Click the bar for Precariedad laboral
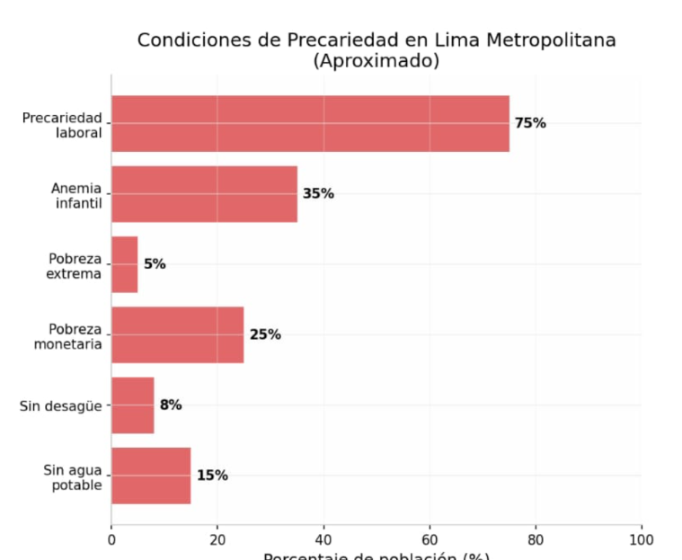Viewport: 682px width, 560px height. pyautogui.click(x=310, y=123)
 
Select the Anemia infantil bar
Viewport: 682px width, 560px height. pyautogui.click(x=204, y=193)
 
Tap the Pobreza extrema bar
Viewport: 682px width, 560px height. pyautogui.click(x=125, y=264)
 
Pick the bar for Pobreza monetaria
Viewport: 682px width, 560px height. pyautogui.click(x=177, y=334)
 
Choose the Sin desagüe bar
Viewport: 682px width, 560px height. pyautogui.click(x=133, y=405)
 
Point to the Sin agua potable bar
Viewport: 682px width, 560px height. pyautogui.click(x=151, y=476)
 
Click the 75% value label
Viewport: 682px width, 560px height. pyautogui.click(x=530, y=123)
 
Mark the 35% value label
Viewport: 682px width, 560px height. pyautogui.click(x=318, y=193)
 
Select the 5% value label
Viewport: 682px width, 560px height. pyautogui.click(x=155, y=264)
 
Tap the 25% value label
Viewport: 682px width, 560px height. pyautogui.click(x=265, y=334)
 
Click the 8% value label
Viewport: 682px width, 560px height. pyautogui.click(x=171, y=405)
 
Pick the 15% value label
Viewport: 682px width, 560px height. pyautogui.click(x=212, y=476)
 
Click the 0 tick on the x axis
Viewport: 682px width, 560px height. pyautogui.click(x=111, y=539)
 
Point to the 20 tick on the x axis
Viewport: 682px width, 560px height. pyautogui.click(x=217, y=539)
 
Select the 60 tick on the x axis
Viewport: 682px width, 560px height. pyautogui.click(x=430, y=539)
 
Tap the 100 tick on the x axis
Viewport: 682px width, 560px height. pyautogui.click(x=642, y=539)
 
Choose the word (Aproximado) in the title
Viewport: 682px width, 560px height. pyautogui.click(x=376, y=61)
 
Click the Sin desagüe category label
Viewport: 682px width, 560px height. pyautogui.click(x=60, y=406)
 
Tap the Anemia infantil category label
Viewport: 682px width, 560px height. pyautogui.click(x=76, y=196)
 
